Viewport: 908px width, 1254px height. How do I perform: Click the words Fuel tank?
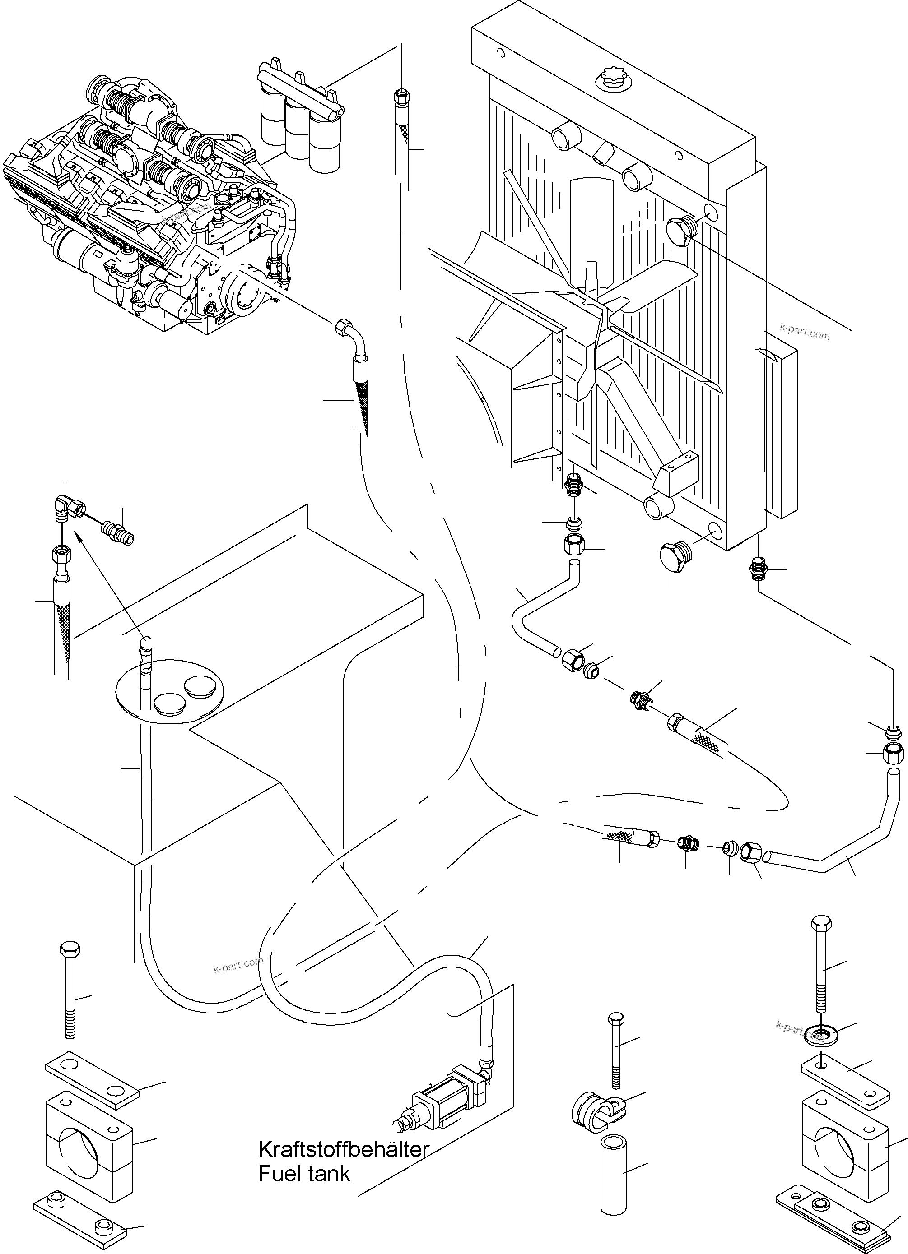[304, 1173]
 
